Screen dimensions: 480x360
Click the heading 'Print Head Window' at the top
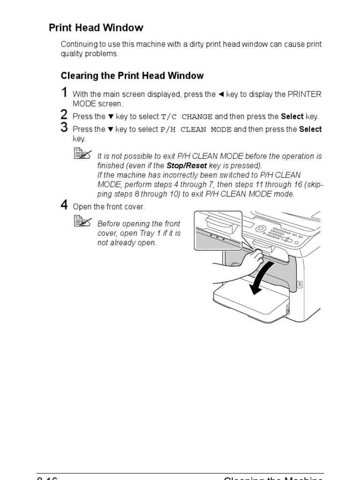(96, 28)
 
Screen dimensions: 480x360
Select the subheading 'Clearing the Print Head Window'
(132, 75)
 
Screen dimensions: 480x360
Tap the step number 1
(64, 92)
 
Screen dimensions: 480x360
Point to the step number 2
(64, 114)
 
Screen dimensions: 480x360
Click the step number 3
(64, 127)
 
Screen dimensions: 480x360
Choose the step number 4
(64, 205)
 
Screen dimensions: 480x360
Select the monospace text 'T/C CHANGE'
(187, 117)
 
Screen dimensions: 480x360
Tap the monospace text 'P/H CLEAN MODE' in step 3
(196, 129)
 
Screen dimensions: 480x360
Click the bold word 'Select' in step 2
(292, 116)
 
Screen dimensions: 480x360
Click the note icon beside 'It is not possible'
(83, 154)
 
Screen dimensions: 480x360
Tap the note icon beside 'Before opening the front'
(83, 221)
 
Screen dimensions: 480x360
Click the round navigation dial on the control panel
(289, 240)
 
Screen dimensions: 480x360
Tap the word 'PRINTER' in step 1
(304, 94)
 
